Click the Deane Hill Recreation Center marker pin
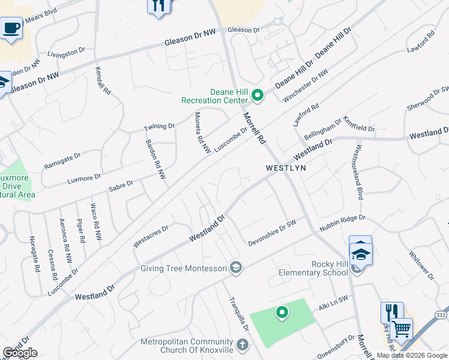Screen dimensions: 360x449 click(258, 95)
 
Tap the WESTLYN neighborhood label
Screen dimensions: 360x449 click(286, 169)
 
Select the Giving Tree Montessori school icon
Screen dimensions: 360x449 click(236, 268)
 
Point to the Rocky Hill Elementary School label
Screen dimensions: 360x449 click(313, 268)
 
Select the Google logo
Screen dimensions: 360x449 click(20, 353)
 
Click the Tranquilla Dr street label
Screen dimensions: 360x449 click(238, 314)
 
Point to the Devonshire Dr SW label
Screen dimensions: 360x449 click(273, 232)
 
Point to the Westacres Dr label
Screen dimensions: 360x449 click(151, 235)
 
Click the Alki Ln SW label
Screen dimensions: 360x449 click(333, 305)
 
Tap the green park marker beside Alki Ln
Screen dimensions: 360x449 click(282, 312)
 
